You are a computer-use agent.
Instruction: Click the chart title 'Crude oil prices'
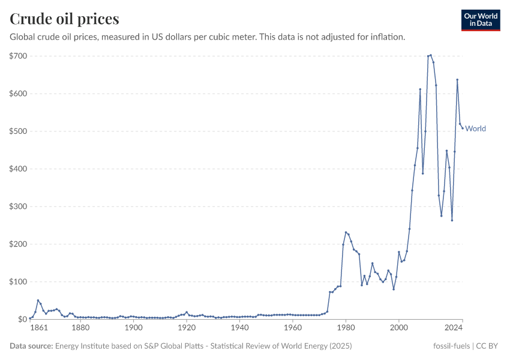(x=64, y=19)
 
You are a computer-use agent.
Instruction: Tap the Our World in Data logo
(x=480, y=20)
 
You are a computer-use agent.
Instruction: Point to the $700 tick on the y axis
(x=18, y=56)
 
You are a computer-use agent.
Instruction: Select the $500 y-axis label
(x=18, y=131)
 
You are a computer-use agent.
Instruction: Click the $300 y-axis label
(x=18, y=206)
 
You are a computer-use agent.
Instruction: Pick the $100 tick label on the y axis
(x=18, y=282)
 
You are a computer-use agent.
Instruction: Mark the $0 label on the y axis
(x=22, y=319)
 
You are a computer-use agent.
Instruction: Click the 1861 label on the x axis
(x=38, y=328)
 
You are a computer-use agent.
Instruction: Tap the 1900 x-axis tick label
(x=133, y=328)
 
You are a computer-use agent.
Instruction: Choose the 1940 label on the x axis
(x=239, y=328)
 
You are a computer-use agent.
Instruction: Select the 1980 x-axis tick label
(x=346, y=328)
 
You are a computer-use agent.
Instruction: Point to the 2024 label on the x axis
(x=454, y=328)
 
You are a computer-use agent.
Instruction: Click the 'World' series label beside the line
(x=475, y=128)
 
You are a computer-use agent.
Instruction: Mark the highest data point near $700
(x=431, y=55)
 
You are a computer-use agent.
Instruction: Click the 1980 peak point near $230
(x=346, y=232)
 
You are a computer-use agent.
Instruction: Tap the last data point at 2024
(x=463, y=127)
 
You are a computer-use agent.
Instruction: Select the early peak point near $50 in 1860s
(x=38, y=301)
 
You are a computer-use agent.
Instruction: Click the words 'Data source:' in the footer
(x=31, y=346)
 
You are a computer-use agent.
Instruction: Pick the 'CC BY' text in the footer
(x=487, y=346)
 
